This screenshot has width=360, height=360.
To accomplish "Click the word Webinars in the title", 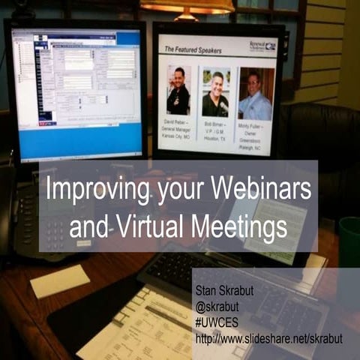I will pos(256,187).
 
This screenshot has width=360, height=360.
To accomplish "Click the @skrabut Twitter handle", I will pos(217,301).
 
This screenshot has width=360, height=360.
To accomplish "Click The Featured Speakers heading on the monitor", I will pos(193,49).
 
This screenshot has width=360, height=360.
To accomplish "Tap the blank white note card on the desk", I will pos(59,279).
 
